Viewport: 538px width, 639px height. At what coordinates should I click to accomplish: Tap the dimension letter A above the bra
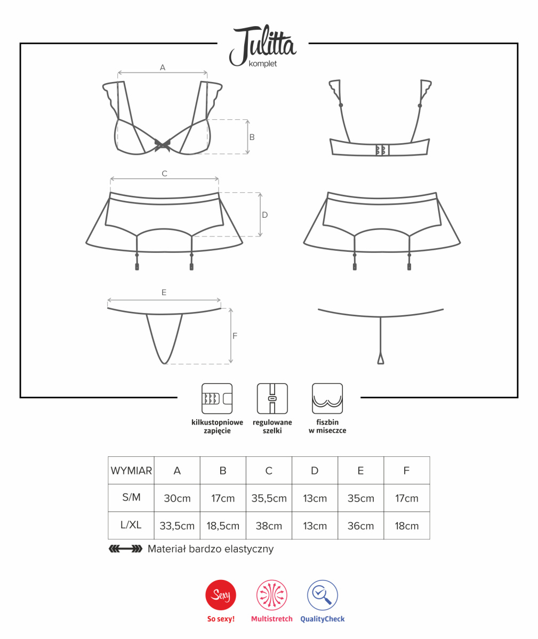pyautogui.click(x=163, y=67)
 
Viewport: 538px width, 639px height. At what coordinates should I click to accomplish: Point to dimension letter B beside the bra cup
pyautogui.click(x=252, y=137)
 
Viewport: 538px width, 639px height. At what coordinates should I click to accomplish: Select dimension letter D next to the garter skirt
pyautogui.click(x=264, y=215)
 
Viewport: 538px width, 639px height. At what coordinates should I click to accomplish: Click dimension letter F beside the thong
pyautogui.click(x=235, y=335)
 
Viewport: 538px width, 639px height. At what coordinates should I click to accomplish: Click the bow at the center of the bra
pyautogui.click(x=163, y=145)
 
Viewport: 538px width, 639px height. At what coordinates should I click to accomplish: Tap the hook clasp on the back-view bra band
pyautogui.click(x=382, y=150)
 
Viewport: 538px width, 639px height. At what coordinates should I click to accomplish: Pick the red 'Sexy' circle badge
pyautogui.click(x=221, y=595)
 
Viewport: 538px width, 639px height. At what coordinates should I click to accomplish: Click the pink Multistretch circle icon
pyautogui.click(x=272, y=595)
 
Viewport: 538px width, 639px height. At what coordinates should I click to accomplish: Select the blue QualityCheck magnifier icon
pyautogui.click(x=322, y=595)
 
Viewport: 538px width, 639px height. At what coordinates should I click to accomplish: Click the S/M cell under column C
pyautogui.click(x=269, y=498)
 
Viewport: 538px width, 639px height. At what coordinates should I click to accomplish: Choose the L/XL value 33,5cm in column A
pyautogui.click(x=177, y=526)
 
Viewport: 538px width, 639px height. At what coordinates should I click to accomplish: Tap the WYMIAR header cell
pyautogui.click(x=131, y=470)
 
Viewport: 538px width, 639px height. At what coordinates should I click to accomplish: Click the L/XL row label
pyautogui.click(x=131, y=525)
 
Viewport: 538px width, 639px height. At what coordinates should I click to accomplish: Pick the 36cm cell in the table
pyautogui.click(x=360, y=526)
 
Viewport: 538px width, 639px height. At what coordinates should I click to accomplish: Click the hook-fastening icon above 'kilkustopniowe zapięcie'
pyautogui.click(x=217, y=398)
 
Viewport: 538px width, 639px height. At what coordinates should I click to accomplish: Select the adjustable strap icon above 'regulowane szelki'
pyautogui.click(x=272, y=398)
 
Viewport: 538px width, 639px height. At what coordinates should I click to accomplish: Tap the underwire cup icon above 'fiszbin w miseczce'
pyautogui.click(x=327, y=398)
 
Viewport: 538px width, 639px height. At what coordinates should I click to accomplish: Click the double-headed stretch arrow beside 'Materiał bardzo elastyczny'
pyautogui.click(x=126, y=549)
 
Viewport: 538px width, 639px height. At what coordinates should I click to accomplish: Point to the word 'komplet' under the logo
pyautogui.click(x=262, y=64)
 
